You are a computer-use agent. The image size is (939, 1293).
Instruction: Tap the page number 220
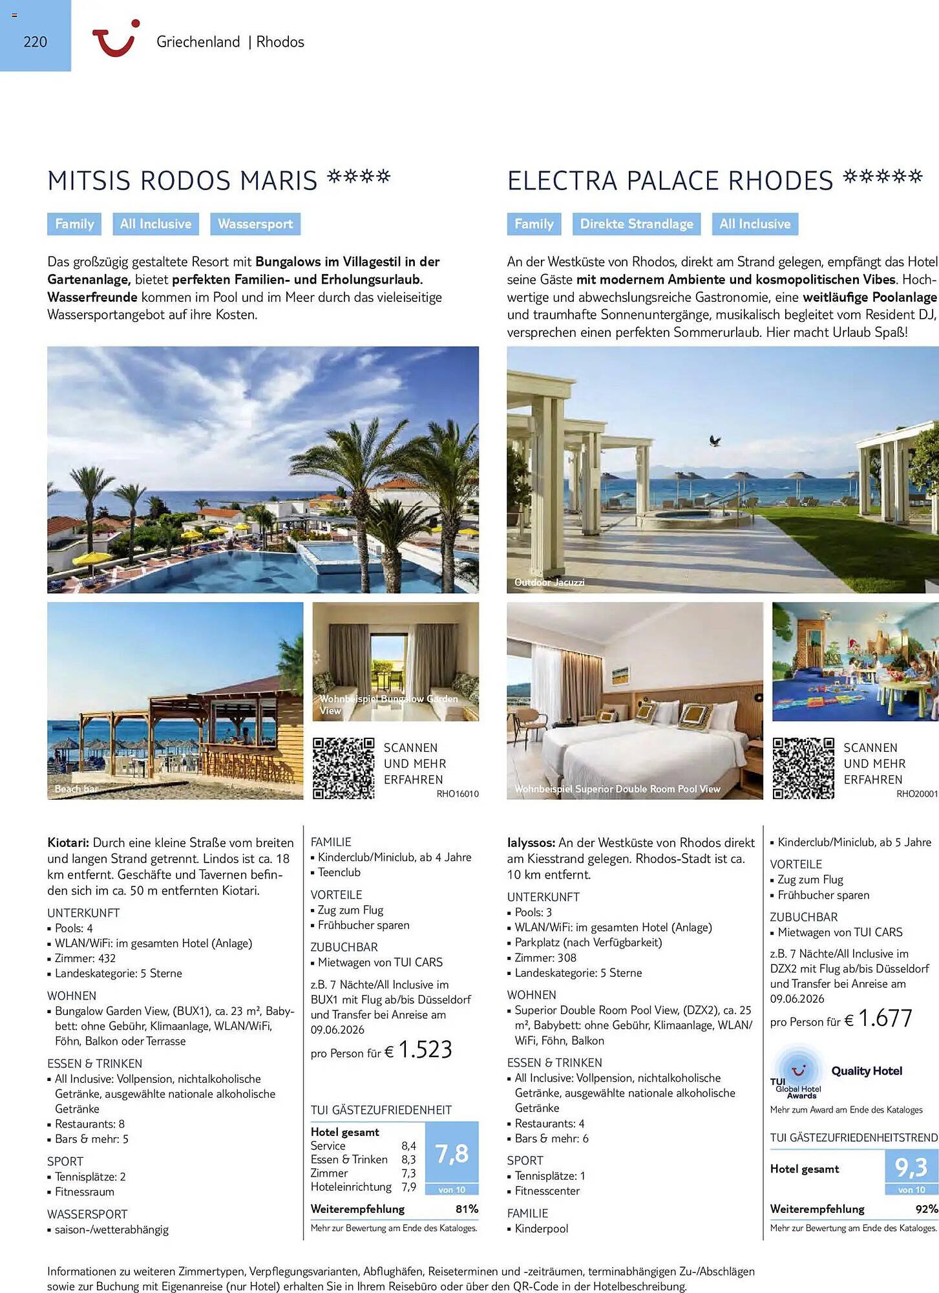click(x=35, y=42)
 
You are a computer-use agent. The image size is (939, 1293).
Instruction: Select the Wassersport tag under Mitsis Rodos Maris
click(x=255, y=224)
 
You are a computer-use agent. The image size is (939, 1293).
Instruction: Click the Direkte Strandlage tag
click(x=636, y=224)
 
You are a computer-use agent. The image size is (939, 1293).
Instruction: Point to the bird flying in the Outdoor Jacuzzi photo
click(x=715, y=441)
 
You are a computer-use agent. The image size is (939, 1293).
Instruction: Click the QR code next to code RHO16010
click(x=343, y=768)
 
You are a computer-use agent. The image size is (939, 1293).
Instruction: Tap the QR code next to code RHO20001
click(x=803, y=768)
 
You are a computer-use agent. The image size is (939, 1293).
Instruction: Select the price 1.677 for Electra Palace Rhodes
click(x=885, y=1018)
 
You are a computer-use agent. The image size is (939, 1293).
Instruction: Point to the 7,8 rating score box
click(x=452, y=1154)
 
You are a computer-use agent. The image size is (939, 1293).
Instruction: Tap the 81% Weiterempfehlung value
click(x=467, y=1209)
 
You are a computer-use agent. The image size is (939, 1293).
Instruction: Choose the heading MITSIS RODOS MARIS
click(x=182, y=181)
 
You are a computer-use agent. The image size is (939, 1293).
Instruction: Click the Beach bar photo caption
click(x=76, y=789)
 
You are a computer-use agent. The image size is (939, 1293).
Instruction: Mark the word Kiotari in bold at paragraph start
click(x=69, y=843)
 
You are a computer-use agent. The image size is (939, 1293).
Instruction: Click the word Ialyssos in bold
click(x=531, y=843)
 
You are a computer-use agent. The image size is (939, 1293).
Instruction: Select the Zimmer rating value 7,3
click(x=408, y=1173)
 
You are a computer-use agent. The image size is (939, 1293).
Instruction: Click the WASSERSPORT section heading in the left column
click(x=87, y=1214)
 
